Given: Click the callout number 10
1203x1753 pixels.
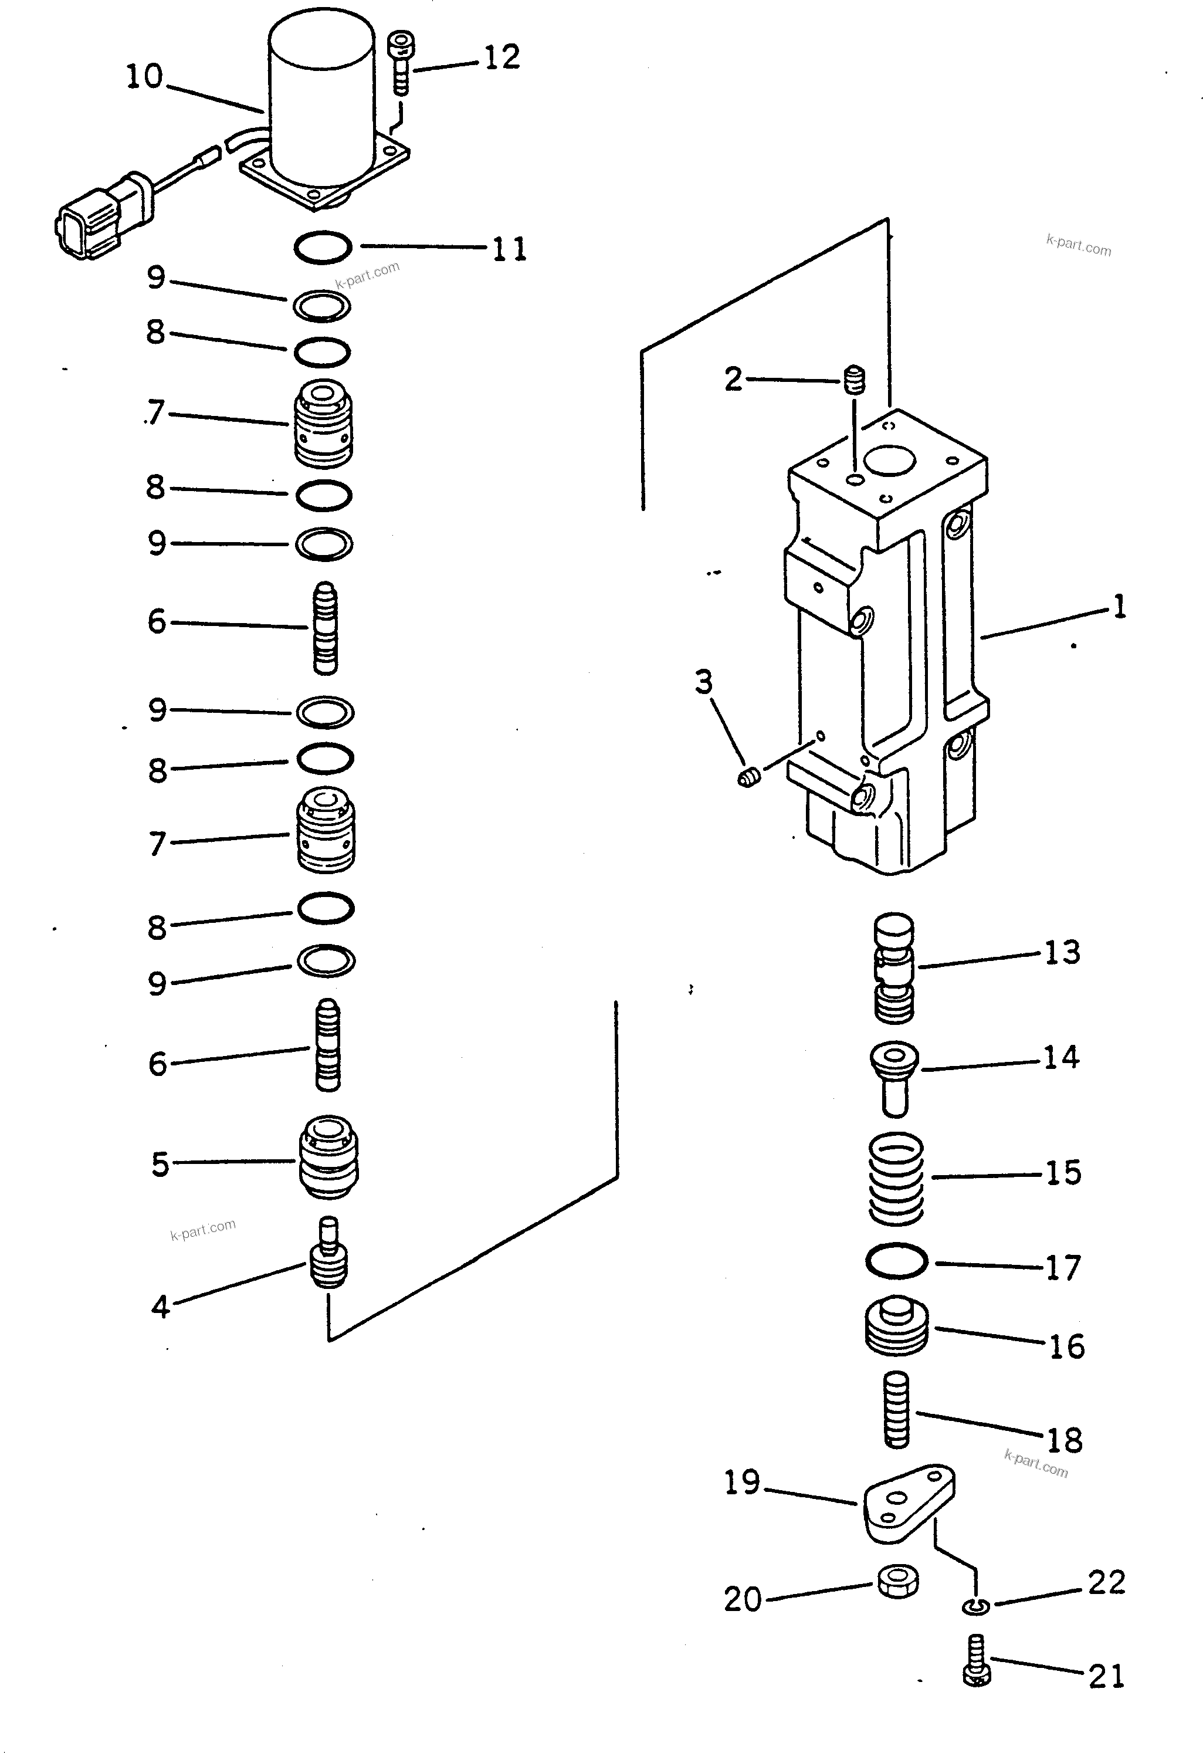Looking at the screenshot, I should [x=144, y=76].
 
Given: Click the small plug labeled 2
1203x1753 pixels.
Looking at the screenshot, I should [x=853, y=380].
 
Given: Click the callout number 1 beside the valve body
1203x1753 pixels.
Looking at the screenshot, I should [x=1119, y=607].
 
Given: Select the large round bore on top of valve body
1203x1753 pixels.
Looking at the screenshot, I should [x=889, y=460].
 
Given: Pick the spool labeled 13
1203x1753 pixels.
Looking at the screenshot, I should [x=894, y=969].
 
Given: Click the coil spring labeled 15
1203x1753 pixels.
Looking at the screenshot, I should [x=895, y=1179].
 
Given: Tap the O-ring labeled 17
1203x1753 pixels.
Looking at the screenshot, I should [x=896, y=1260].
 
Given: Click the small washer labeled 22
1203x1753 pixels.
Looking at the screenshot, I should [x=976, y=1607].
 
